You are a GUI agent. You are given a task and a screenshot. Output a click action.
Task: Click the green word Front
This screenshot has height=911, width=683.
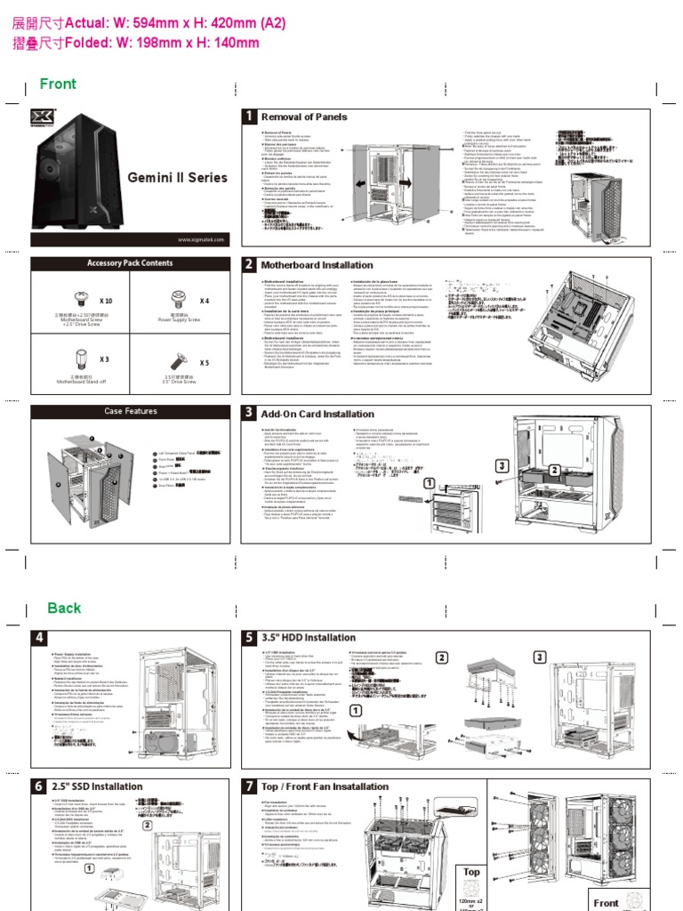tap(58, 84)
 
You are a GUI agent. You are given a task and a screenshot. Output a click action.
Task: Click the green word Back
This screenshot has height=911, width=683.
tap(64, 608)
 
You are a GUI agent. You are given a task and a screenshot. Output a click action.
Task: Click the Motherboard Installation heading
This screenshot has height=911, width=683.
tap(316, 265)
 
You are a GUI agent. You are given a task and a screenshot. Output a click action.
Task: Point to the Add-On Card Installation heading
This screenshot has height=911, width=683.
tap(317, 414)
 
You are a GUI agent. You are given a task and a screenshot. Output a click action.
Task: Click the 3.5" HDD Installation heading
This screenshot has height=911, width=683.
tap(308, 637)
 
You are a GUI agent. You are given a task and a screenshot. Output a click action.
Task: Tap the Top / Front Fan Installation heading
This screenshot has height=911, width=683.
tap(324, 786)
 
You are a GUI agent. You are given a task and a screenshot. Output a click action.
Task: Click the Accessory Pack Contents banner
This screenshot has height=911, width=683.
tap(130, 263)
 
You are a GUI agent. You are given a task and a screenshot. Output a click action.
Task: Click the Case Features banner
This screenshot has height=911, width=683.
tap(130, 411)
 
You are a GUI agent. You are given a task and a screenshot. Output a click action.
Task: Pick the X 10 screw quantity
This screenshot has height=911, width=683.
tap(106, 302)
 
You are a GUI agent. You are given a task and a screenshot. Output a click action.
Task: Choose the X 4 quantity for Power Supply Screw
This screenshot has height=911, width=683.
tap(205, 302)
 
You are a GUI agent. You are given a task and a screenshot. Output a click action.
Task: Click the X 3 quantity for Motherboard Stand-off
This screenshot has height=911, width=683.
tap(104, 359)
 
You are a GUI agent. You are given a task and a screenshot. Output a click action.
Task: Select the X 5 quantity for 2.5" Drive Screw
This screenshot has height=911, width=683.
tap(205, 363)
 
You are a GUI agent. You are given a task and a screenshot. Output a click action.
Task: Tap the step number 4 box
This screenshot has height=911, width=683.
tap(40, 638)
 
